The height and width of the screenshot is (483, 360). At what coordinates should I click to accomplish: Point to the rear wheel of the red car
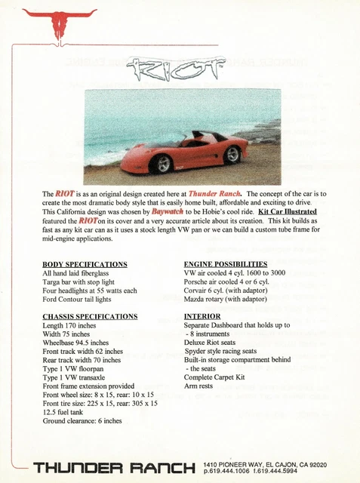[x=232, y=155]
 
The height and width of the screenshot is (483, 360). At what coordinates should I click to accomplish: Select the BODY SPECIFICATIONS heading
[x=85, y=263]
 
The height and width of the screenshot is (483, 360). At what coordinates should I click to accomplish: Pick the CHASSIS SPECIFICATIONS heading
[x=90, y=316]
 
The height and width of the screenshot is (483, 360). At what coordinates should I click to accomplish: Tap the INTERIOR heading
[x=202, y=316]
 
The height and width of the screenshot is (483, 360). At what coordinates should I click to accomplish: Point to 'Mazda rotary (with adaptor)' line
[x=230, y=299]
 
